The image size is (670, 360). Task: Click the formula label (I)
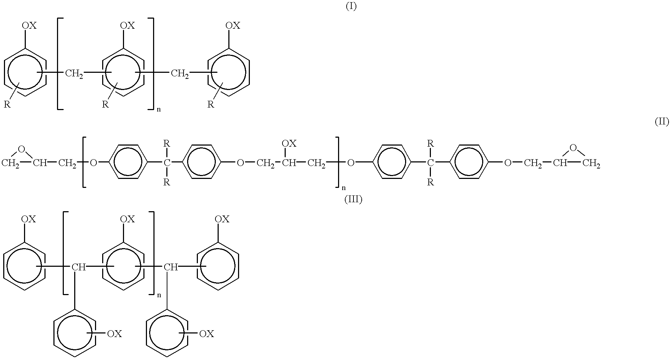pos(351,7)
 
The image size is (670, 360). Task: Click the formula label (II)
pos(662,122)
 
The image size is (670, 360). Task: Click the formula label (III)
pos(353,200)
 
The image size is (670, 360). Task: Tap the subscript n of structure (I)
pos(158,109)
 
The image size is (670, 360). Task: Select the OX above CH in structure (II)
pos(289,143)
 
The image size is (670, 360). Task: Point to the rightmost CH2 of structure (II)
pos(591,164)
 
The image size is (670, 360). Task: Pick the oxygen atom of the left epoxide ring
pos(22,148)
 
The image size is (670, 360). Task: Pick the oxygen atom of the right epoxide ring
pos(573,147)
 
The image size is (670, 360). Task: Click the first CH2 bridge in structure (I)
pos(74,74)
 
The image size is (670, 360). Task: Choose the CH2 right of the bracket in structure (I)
pos(180,74)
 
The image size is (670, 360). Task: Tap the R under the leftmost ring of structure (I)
pos(7,105)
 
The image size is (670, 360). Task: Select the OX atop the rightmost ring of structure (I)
pos(233,25)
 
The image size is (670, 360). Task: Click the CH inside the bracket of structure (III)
pos(79,267)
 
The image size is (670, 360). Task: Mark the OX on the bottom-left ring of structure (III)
pos(115,334)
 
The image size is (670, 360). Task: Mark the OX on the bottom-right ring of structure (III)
pos(206,334)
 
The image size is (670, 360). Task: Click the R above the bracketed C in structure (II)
pos(167,144)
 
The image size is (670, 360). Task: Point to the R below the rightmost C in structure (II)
pos(431,183)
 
